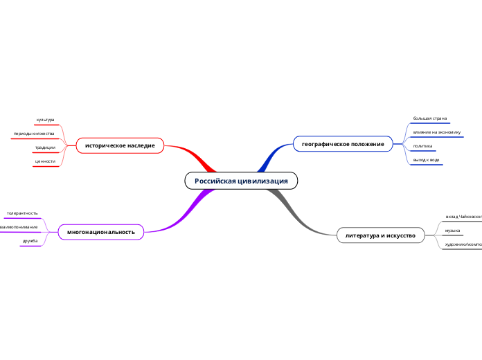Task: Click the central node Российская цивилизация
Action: point(241,181)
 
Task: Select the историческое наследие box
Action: point(120,145)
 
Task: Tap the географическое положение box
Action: point(343,143)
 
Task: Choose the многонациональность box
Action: point(101,231)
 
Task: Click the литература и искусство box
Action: point(380,235)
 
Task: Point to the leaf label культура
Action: point(45,120)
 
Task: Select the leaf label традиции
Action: point(45,147)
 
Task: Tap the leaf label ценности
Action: point(45,161)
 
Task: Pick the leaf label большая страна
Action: point(429,118)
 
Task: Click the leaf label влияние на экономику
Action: point(436,132)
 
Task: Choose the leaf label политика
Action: point(422,146)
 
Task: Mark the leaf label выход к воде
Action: point(426,160)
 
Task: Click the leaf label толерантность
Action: point(22,213)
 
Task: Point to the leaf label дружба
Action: point(30,240)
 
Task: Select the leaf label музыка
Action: point(453,230)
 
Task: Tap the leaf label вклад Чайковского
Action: point(463,216)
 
